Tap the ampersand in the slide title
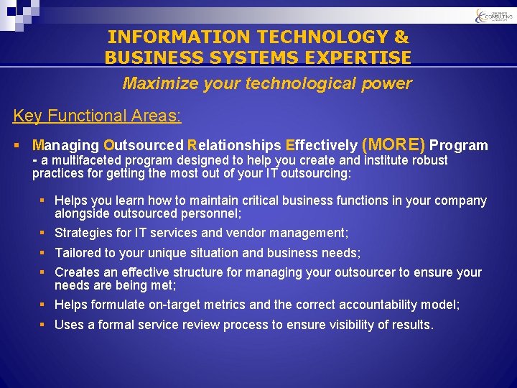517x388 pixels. click(x=401, y=37)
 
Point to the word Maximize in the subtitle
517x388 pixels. click(x=154, y=83)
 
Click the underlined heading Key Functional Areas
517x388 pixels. click(x=97, y=116)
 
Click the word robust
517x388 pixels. click(x=429, y=160)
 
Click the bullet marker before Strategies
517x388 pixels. click(x=44, y=233)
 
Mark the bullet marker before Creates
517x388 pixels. click(x=44, y=272)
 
